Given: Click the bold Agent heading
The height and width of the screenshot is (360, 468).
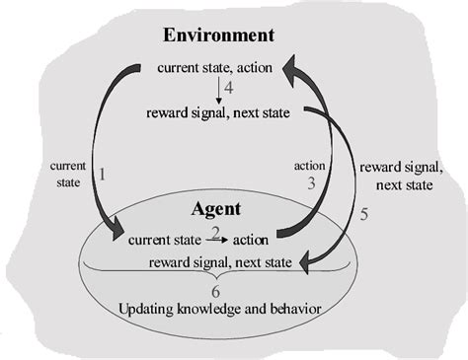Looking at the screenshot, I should [218, 210].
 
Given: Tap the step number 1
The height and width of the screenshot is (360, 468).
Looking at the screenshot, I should [102, 174].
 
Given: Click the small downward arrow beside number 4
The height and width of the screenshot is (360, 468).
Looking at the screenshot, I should [217, 91].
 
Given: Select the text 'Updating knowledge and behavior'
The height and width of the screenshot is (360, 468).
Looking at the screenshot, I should [218, 309].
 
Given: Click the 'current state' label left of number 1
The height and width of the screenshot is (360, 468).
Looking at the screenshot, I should [68, 175].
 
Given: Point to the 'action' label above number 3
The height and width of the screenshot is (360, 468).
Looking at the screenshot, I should [309, 165].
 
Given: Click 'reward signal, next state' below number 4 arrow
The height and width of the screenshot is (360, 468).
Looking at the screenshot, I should [219, 112].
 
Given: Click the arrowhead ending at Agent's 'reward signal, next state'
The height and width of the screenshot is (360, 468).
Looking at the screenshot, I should [306, 260].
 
